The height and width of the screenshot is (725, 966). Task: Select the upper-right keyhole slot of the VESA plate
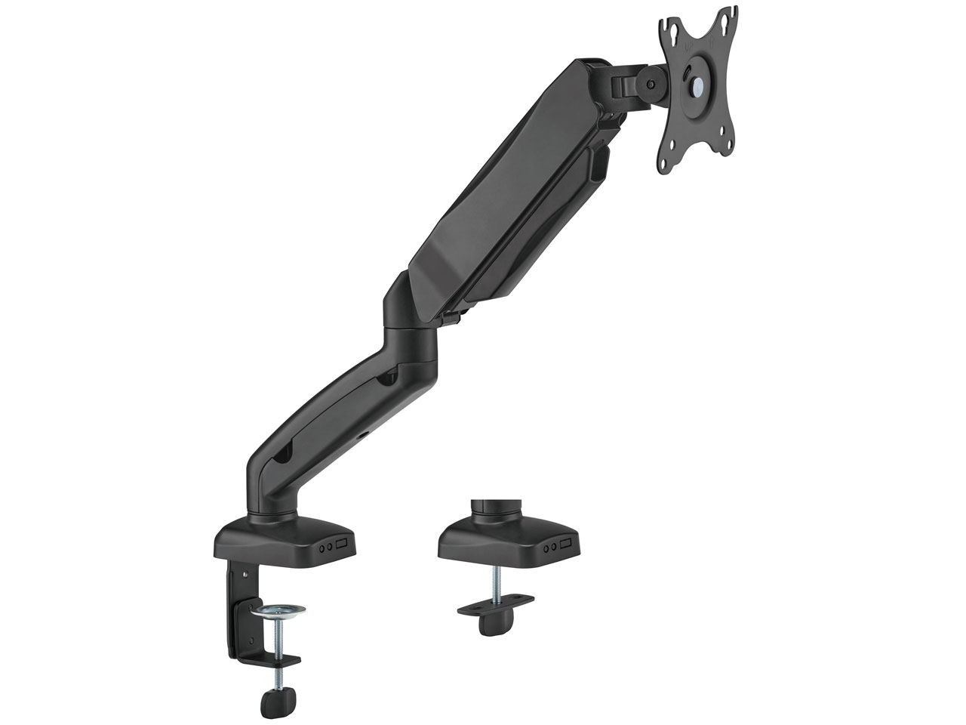(x=728, y=14)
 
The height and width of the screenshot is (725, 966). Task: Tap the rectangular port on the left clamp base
(x=343, y=544)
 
